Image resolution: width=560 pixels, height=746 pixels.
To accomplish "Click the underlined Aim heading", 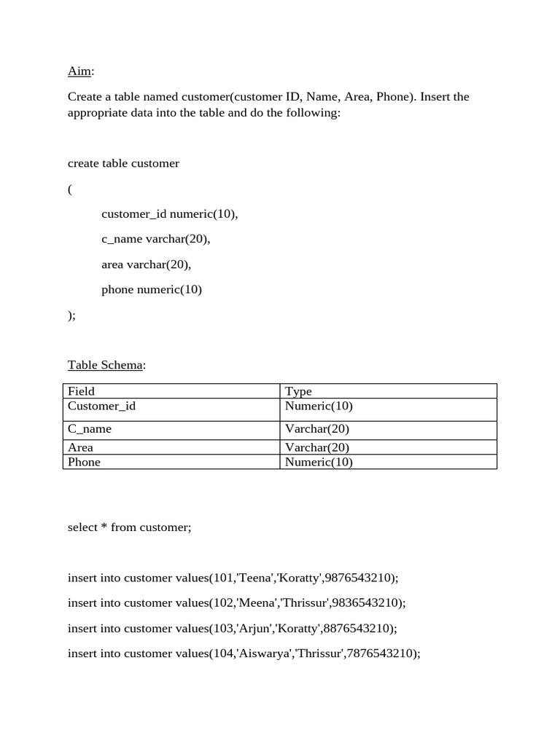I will point(80,71).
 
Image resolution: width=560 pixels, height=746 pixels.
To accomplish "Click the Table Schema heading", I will point(106,365).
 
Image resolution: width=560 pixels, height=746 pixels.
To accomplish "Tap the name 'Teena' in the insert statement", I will point(254,578).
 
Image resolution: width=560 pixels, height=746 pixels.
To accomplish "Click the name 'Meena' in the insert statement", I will point(257,603).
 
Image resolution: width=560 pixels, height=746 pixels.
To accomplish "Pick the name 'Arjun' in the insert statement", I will point(254,628).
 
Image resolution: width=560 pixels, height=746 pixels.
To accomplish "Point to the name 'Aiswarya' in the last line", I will point(263,653).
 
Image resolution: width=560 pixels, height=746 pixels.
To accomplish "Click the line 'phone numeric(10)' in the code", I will point(152,289).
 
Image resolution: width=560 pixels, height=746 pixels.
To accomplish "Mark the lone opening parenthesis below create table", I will point(70,189).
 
